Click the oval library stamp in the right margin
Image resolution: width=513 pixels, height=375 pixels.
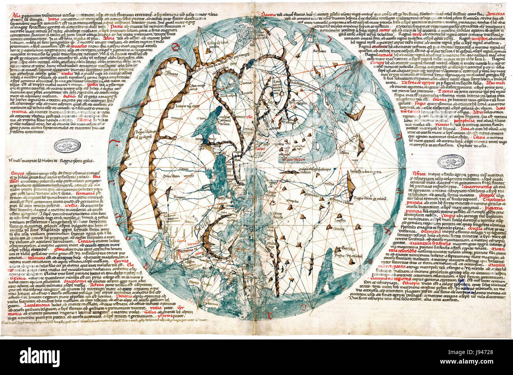[450, 162]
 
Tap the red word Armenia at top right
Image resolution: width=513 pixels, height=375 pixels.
[495, 14]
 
